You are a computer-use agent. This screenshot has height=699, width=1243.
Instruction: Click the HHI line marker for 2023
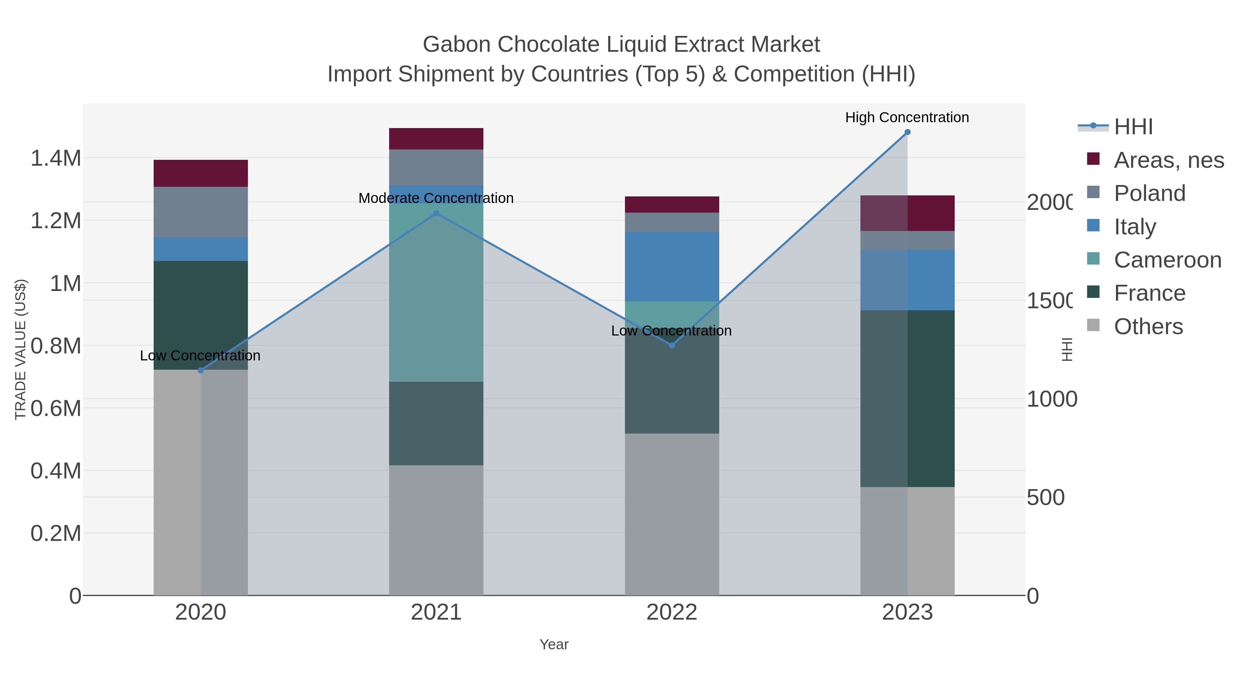pos(907,132)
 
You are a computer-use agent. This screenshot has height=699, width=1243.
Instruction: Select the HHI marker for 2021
pos(436,213)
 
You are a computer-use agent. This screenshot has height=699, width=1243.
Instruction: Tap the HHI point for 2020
pos(201,370)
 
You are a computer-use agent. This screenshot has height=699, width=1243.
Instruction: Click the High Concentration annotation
pos(907,118)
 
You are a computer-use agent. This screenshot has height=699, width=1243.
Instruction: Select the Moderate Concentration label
pos(436,198)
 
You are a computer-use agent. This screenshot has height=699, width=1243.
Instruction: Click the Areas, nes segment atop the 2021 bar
pos(436,139)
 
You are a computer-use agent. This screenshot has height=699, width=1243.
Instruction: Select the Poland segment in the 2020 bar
pos(201,212)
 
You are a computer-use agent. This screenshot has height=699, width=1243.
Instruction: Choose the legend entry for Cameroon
pos(1167,260)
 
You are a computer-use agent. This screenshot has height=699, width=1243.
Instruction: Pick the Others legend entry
pos(1148,327)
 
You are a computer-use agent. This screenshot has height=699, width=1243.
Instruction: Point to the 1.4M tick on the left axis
pos(56,158)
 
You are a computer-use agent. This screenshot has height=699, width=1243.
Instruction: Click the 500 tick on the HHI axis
pos(1045,497)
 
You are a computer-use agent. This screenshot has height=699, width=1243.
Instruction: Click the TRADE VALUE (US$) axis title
pos(20,349)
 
